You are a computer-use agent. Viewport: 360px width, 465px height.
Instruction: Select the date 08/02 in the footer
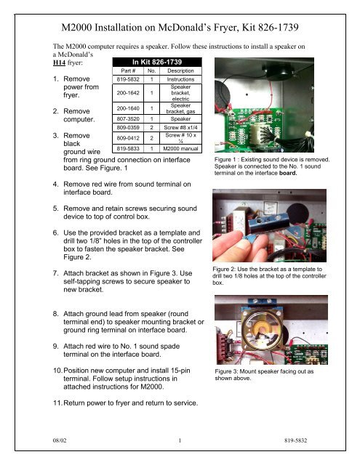pos(54,438)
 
